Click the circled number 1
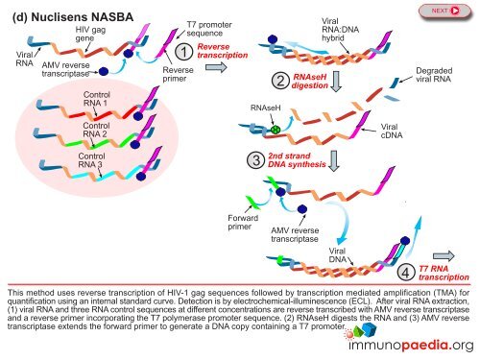(x=181, y=51)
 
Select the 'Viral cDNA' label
(x=392, y=132)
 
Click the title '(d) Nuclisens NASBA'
(x=70, y=16)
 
